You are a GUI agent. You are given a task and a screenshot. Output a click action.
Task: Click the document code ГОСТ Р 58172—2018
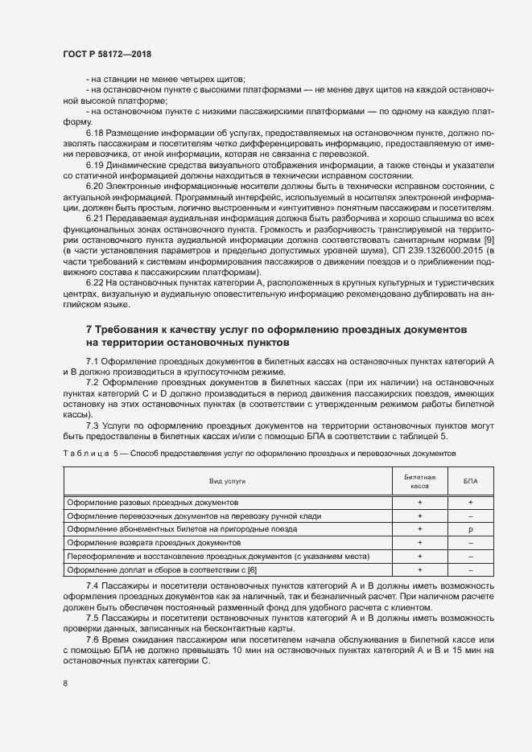[x=107, y=53]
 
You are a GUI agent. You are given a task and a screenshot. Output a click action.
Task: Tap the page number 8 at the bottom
[x=65, y=684]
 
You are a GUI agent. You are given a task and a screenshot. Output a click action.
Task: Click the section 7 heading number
[x=89, y=331]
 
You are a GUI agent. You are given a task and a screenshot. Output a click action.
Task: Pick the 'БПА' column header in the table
[x=470, y=480]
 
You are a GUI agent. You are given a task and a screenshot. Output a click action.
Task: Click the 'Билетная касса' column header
[x=419, y=480]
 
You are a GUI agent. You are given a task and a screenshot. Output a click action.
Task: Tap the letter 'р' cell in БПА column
[x=470, y=529]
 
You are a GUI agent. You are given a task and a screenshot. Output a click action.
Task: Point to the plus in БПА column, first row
[x=470, y=502]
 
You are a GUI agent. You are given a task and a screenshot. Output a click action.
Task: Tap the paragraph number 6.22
[x=95, y=284]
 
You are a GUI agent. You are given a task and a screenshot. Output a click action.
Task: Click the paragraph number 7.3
[x=92, y=425]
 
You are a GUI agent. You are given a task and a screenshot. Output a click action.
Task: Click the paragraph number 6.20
[x=95, y=187]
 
